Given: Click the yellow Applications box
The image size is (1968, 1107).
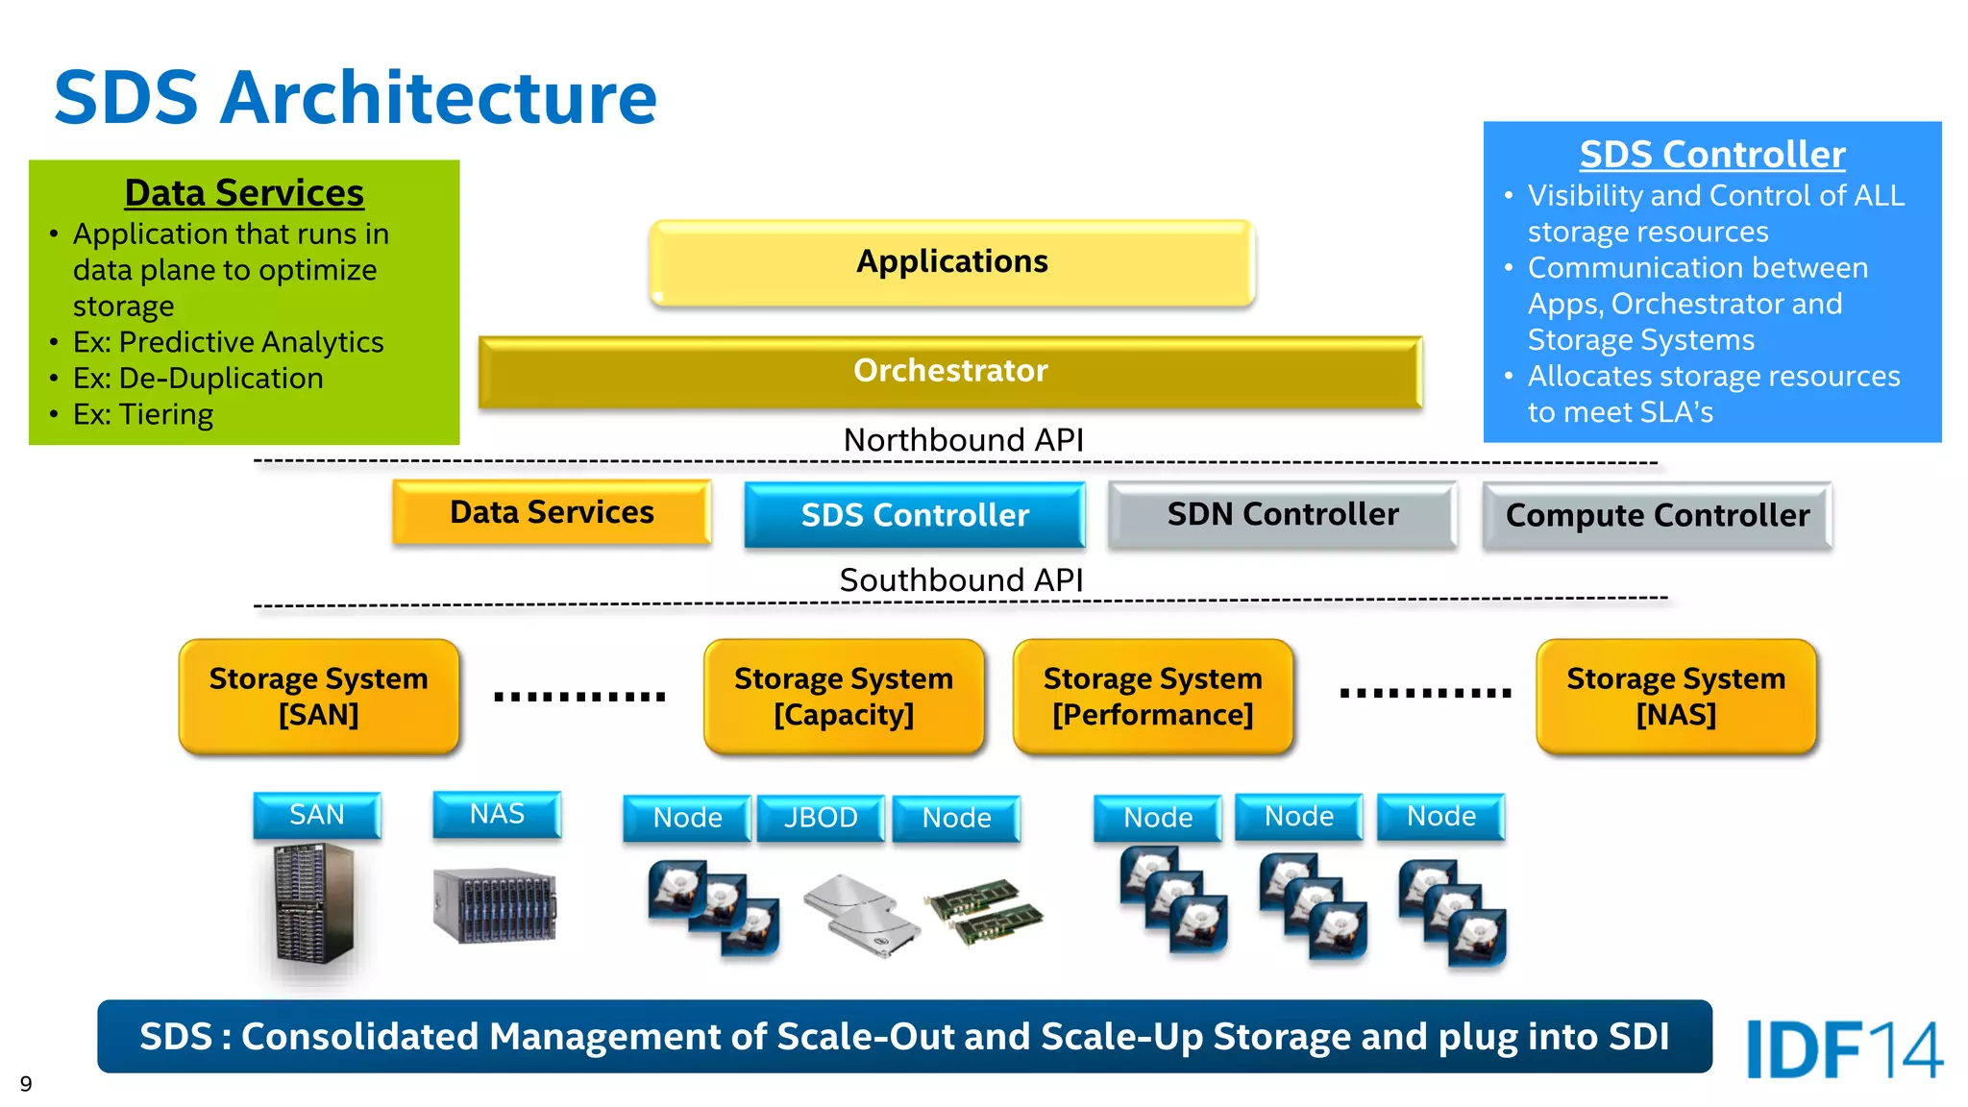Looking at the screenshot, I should [951, 262].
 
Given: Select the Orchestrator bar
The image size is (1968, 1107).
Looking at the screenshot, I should [949, 371].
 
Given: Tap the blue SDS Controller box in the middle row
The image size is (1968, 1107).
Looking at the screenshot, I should [914, 515].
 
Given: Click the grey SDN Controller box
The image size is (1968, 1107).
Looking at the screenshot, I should [1282, 515].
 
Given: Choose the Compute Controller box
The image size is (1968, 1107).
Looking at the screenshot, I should [1657, 516].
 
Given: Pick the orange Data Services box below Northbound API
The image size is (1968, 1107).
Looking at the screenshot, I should [552, 513].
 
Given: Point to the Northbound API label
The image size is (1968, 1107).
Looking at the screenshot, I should [963, 440].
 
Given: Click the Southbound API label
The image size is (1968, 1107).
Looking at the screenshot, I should [961, 580].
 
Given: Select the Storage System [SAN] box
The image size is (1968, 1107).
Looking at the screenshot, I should [318, 697].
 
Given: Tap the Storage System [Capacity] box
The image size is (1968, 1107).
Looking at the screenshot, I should [844, 697].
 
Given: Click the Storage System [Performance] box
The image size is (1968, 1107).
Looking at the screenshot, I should [1152, 697].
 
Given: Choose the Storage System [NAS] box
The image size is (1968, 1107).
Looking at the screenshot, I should [1676, 697].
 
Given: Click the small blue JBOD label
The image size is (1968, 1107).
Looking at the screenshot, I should [821, 818].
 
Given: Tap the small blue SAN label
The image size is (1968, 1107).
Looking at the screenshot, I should [317, 815].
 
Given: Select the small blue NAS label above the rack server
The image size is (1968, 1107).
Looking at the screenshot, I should [497, 814].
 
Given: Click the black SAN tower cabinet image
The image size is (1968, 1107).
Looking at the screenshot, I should [313, 903].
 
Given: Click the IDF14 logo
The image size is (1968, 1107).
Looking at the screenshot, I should [1843, 1049].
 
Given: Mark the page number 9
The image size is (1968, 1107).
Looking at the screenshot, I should [26, 1084].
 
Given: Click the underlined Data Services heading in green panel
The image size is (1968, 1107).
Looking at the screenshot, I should [244, 193].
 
